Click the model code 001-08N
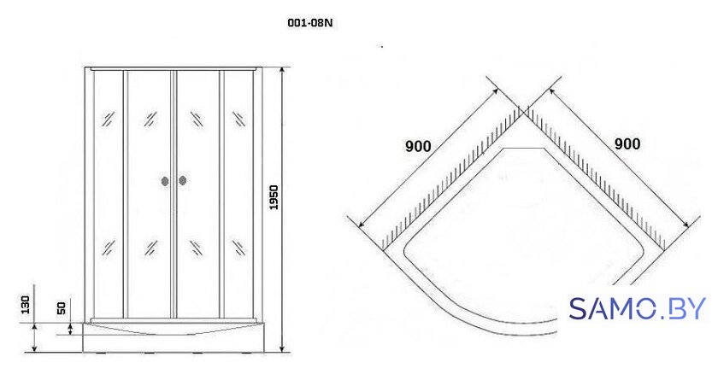(309, 23)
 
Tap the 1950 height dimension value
(274, 197)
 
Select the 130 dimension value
(25, 305)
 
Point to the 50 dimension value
(62, 307)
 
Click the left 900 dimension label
(418, 146)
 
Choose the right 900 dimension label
(627, 144)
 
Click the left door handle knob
(165, 181)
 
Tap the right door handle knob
(183, 181)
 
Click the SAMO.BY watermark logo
(638, 308)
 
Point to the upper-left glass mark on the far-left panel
(109, 119)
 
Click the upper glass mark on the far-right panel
(238, 119)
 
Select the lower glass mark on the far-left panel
(109, 248)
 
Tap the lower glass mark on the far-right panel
(238, 248)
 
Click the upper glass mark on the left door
(150, 119)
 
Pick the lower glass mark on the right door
(196, 248)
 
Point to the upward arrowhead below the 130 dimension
(35, 327)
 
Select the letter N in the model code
(328, 23)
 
